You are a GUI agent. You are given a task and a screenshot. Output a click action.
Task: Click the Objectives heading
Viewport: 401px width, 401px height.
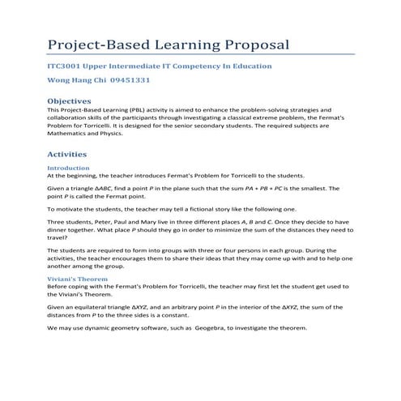[75, 100]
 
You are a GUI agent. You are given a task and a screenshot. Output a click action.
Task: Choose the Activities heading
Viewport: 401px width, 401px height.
[72, 153]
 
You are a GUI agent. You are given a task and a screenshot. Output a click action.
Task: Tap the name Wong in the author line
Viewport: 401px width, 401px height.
[60, 81]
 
